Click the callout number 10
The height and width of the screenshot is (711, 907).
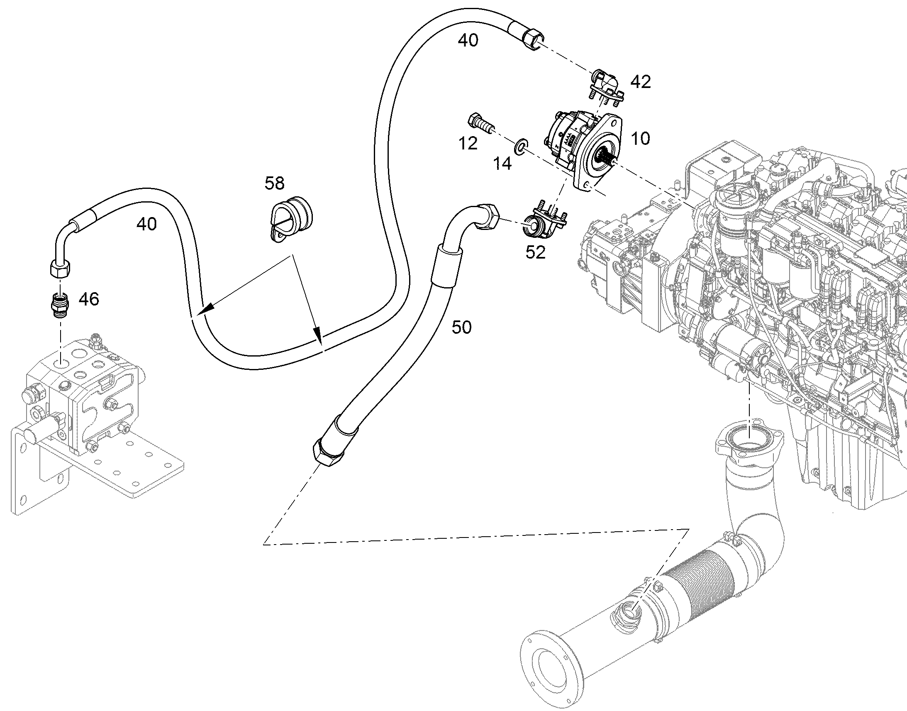point(640,138)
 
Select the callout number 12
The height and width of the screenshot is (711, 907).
point(468,144)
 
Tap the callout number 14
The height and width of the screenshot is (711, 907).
point(502,164)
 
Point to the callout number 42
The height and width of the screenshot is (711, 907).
point(640,82)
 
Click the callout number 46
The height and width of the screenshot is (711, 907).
point(89,299)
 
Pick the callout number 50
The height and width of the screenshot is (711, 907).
point(462,327)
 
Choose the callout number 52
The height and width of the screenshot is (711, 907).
point(535,252)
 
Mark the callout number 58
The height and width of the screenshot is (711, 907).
point(275,183)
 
